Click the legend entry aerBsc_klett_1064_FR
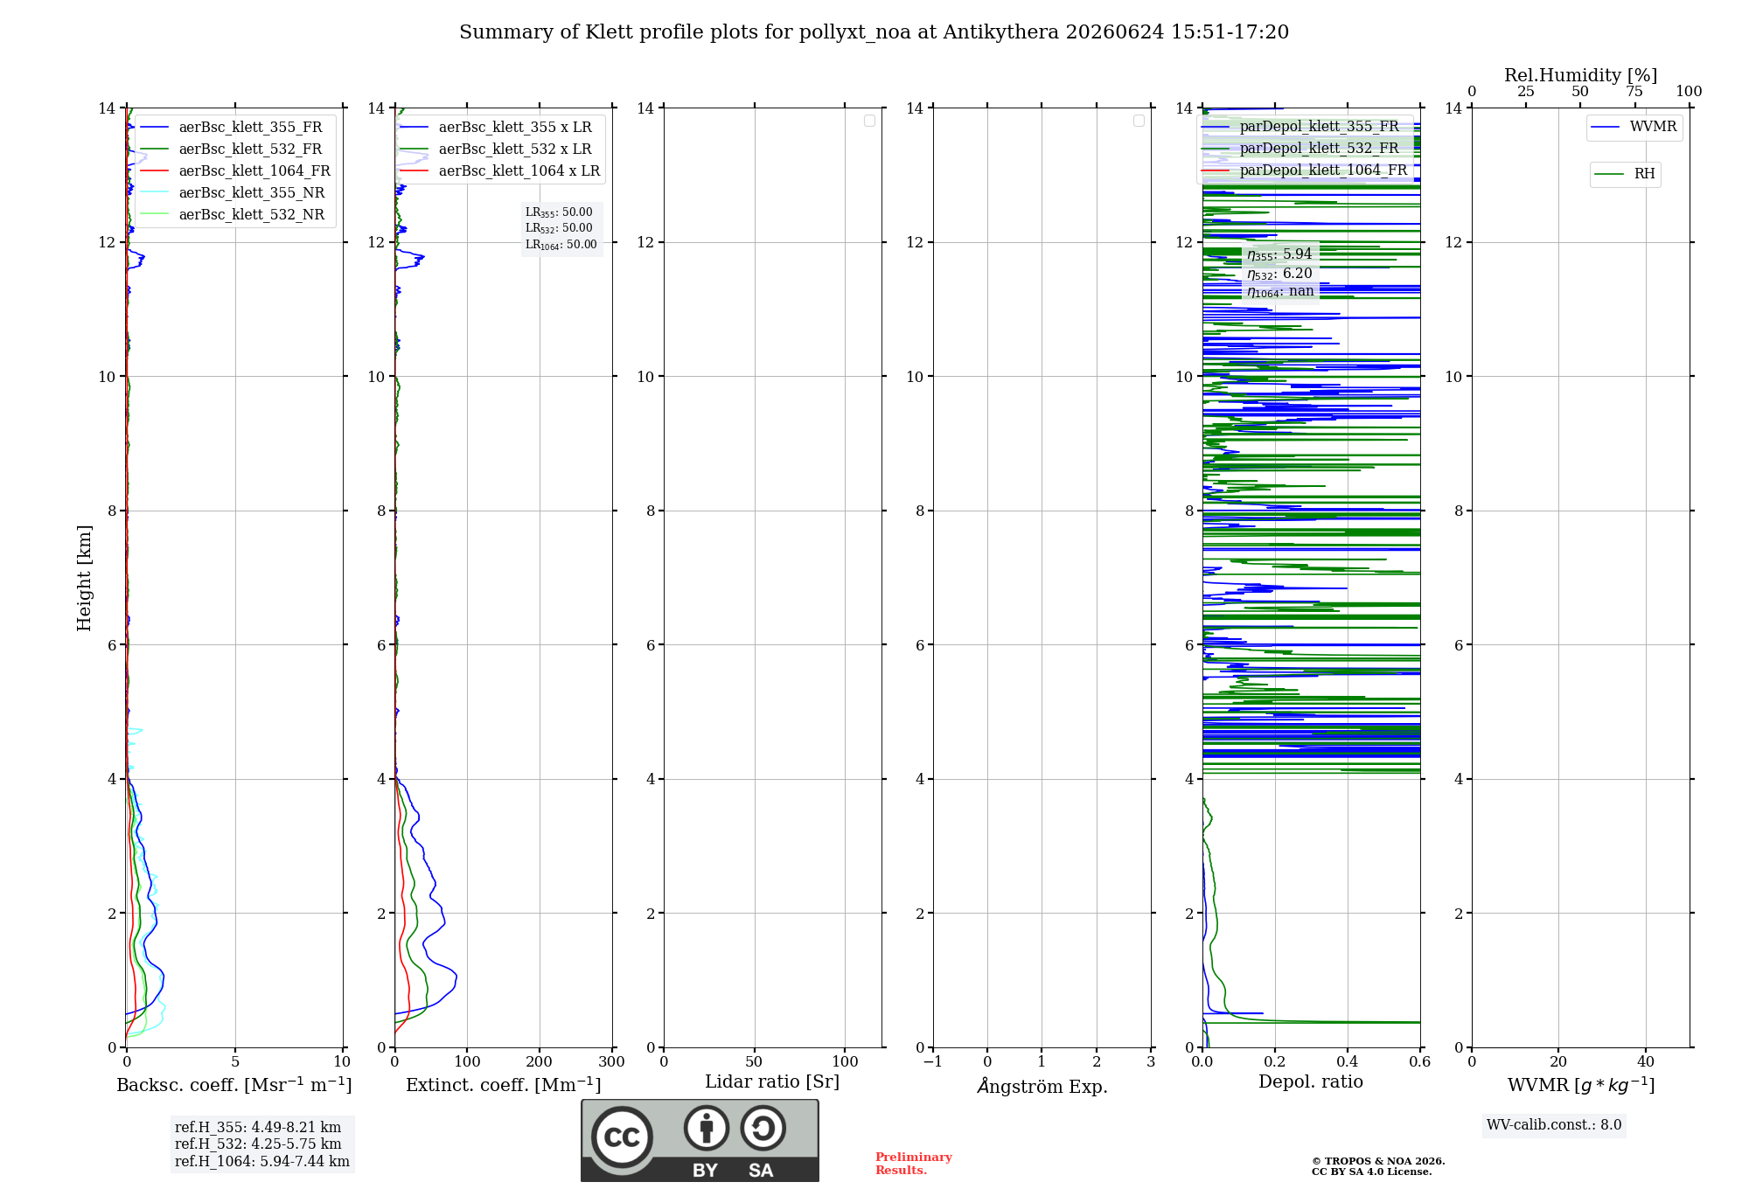click(234, 170)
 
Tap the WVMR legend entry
click(1634, 127)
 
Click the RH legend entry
click(1625, 174)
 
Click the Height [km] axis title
click(84, 578)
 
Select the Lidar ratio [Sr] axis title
click(772, 1081)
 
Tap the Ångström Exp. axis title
click(1042, 1085)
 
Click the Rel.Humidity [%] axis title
click(1580, 75)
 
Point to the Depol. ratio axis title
click(1311, 1081)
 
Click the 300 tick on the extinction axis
click(611, 1061)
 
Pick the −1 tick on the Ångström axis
click(933, 1061)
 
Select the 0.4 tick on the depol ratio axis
click(1348, 1061)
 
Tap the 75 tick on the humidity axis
click(1634, 91)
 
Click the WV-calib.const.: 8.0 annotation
click(1554, 1125)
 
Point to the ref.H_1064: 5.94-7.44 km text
click(262, 1161)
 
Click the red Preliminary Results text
click(913, 1164)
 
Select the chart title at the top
click(874, 32)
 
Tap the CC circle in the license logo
click(622, 1137)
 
